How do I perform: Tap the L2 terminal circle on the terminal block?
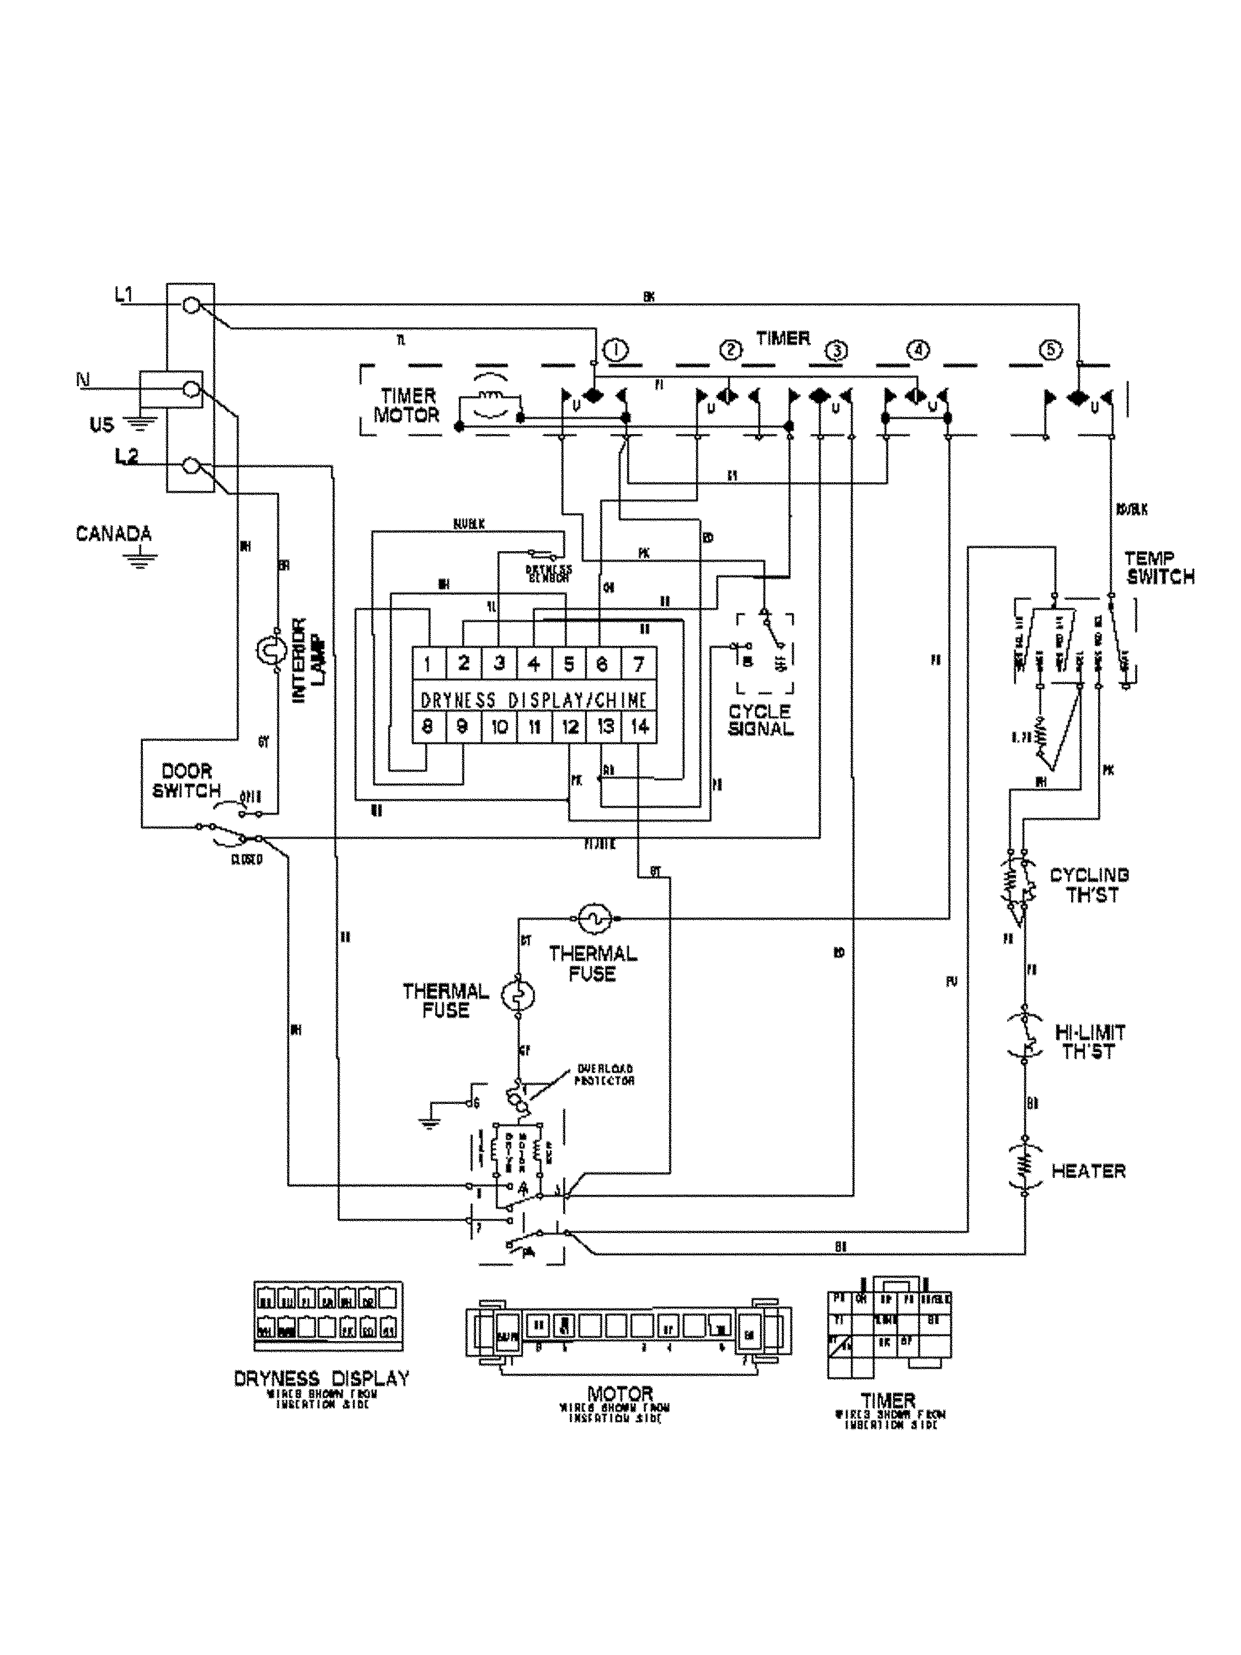191,466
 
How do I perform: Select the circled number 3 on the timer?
836,350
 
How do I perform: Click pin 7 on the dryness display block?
638,663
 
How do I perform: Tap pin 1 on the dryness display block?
428,663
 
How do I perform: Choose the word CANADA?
114,533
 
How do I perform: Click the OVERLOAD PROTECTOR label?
605,1075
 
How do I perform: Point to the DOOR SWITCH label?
186,781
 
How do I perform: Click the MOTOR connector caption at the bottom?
619,1393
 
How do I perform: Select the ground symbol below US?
137,424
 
